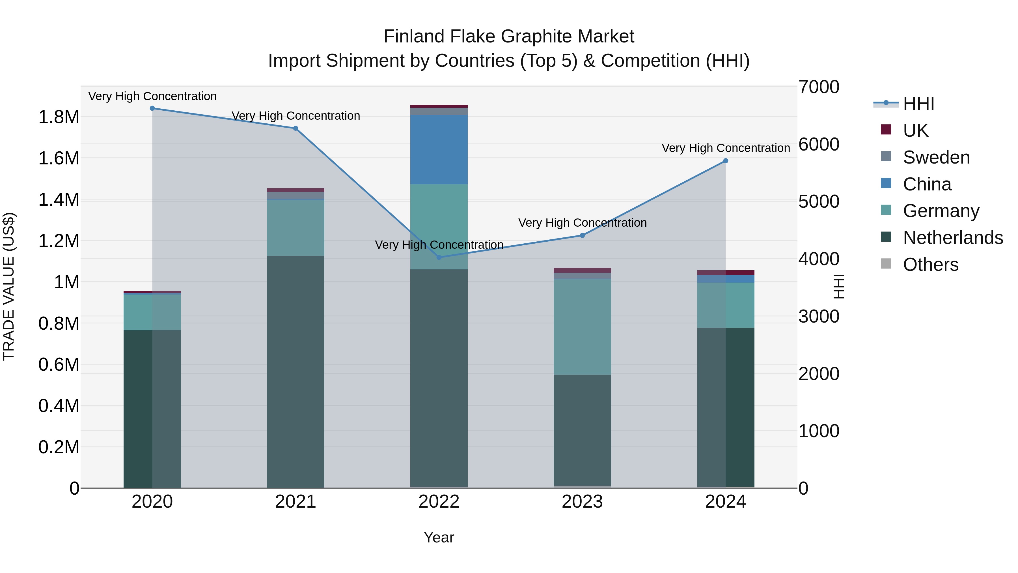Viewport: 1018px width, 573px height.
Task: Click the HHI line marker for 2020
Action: coord(152,108)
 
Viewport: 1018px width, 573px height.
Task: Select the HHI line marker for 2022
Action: coord(439,257)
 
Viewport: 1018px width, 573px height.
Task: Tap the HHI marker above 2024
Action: coord(726,161)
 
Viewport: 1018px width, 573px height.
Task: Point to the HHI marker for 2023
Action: coord(582,235)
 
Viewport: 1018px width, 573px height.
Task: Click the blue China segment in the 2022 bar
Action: coord(439,149)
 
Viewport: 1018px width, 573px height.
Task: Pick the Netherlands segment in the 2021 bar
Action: coord(296,372)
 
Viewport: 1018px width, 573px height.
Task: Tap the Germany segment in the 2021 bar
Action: coord(296,228)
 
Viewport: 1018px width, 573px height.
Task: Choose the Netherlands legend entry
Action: coord(953,238)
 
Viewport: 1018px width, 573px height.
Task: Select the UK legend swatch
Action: coord(886,130)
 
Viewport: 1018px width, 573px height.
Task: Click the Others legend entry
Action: coord(930,265)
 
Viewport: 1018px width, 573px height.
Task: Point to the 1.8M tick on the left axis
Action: coord(59,117)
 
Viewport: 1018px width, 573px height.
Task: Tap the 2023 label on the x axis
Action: coord(582,502)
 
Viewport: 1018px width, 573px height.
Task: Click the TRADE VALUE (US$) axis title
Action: coord(9,286)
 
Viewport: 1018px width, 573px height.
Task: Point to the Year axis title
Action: coord(439,537)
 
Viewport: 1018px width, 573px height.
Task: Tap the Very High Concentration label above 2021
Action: coord(296,116)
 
